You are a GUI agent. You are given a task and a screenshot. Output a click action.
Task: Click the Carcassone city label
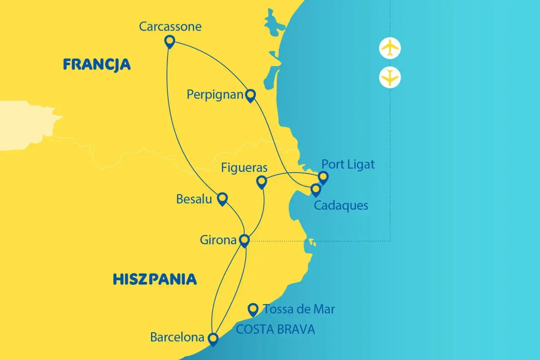(x=170, y=27)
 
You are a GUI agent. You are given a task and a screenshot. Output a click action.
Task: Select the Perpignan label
(x=215, y=95)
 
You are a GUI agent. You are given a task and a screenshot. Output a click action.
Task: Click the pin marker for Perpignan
(x=251, y=96)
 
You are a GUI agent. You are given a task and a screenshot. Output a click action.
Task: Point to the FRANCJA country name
(x=97, y=65)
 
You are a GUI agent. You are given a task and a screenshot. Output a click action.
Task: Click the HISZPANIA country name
(x=154, y=279)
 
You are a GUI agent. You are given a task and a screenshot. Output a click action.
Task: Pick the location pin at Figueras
(x=262, y=182)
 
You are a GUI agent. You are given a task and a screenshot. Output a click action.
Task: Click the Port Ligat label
(x=348, y=164)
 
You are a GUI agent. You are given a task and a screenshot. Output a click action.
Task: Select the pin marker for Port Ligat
(x=323, y=177)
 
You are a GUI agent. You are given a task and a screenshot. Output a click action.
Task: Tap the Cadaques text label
(x=341, y=206)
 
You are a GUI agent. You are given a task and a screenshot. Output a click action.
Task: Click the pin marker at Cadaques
(x=316, y=190)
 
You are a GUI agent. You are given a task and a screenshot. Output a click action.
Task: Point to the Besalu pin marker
(x=222, y=198)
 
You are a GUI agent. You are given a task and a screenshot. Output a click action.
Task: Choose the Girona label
(x=218, y=240)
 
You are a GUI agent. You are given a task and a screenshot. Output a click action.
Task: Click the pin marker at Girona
(x=244, y=241)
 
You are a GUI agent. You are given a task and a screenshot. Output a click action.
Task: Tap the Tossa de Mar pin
(x=253, y=310)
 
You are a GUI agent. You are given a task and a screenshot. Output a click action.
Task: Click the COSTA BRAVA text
(x=275, y=329)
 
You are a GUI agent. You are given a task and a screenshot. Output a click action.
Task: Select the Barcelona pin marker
(x=213, y=339)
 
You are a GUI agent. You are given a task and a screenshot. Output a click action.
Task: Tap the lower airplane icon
(x=390, y=77)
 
